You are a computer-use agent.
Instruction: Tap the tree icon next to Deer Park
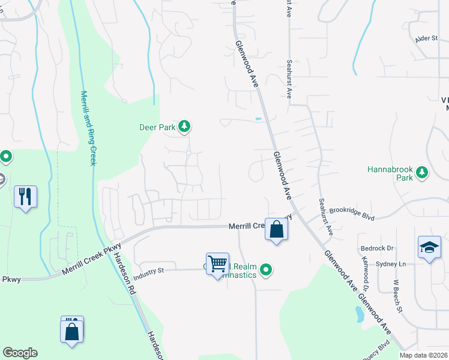click(185, 126)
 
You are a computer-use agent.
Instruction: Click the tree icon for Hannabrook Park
click(423, 173)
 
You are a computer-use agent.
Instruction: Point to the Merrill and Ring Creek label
click(89, 128)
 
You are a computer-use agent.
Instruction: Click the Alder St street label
click(427, 38)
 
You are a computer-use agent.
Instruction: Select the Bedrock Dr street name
click(377, 248)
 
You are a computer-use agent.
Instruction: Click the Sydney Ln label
click(390, 264)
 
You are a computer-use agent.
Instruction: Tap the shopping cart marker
click(217, 263)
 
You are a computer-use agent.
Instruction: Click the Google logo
click(20, 353)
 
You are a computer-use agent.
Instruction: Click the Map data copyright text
click(423, 355)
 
